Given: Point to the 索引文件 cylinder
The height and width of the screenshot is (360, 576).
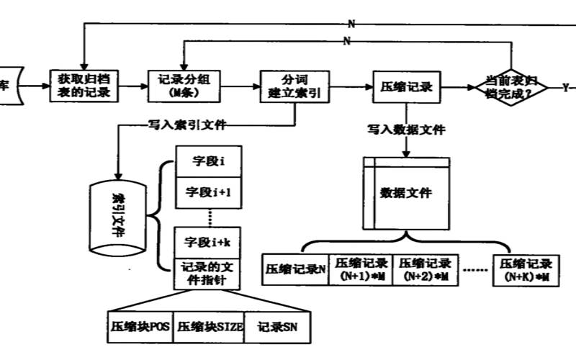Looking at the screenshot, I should tap(118, 216).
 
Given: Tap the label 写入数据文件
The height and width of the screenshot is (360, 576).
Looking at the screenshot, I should tap(406, 131).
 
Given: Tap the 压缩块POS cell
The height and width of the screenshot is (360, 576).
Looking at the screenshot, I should tap(140, 326).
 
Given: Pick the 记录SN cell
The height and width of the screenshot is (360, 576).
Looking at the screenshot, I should tap(277, 326).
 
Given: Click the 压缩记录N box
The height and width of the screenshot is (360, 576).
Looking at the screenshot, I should tap(296, 269).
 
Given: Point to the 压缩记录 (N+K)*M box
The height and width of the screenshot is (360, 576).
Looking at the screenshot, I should tap(525, 269).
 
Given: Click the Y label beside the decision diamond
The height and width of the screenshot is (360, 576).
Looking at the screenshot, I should tap(565, 87).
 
